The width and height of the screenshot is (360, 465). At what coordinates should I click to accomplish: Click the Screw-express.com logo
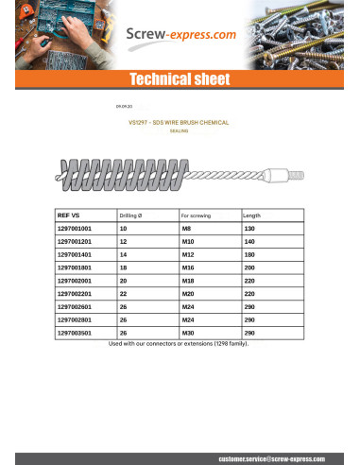[181, 35]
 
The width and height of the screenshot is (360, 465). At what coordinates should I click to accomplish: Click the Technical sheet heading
[180, 79]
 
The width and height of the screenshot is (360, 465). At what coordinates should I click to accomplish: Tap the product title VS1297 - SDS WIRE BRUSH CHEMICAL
[180, 123]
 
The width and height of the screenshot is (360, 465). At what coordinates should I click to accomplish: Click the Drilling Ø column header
[130, 215]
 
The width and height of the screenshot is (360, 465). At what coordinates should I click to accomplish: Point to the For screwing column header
[196, 215]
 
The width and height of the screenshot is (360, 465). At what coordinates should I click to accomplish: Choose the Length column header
[251, 215]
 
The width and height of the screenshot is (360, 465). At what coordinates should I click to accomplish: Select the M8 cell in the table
[186, 229]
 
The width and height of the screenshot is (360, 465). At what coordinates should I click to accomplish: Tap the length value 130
[249, 229]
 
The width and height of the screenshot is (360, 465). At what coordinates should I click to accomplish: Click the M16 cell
[187, 268]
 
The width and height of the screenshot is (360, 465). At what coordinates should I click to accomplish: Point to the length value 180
[249, 255]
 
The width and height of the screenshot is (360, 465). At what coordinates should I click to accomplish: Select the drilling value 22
[123, 294]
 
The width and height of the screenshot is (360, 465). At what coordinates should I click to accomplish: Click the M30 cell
[187, 334]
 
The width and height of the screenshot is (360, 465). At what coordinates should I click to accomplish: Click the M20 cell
[187, 294]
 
